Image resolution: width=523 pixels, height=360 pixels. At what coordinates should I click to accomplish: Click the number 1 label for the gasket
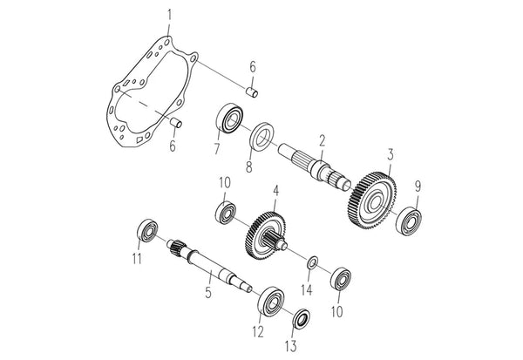point(169,13)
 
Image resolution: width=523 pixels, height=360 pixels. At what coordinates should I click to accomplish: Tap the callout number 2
point(322,140)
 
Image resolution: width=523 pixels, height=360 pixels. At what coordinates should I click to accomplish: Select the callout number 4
point(275,189)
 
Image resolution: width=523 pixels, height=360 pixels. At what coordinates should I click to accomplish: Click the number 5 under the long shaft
point(207,292)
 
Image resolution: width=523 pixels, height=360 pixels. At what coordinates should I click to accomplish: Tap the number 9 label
point(418,186)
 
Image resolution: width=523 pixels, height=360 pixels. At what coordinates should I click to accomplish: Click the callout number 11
point(135,258)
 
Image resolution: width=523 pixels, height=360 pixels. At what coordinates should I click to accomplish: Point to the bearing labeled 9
point(410,218)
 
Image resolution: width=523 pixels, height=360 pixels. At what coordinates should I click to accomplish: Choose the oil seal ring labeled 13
point(301,316)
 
